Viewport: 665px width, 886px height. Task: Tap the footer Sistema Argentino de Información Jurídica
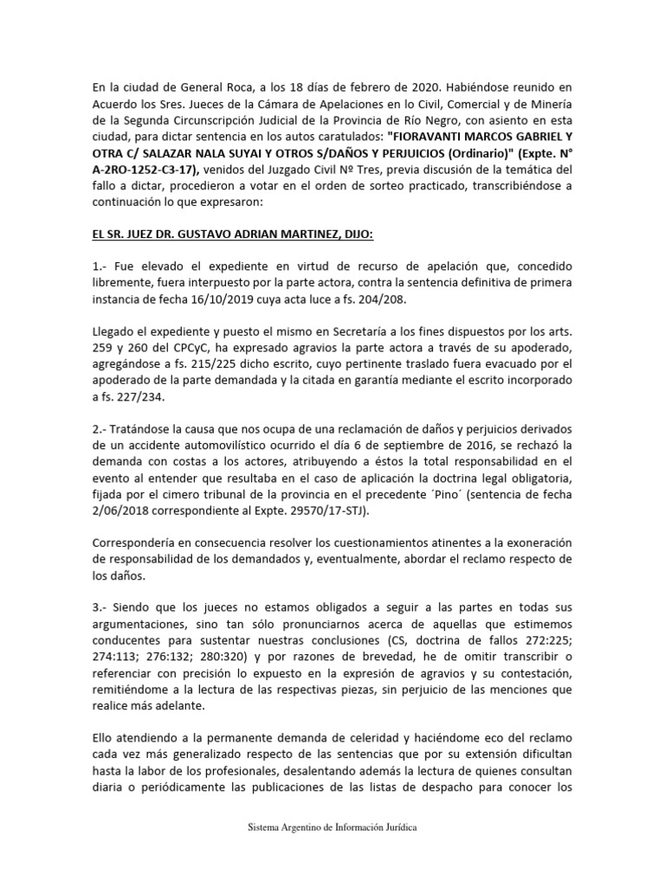tap(332, 828)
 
